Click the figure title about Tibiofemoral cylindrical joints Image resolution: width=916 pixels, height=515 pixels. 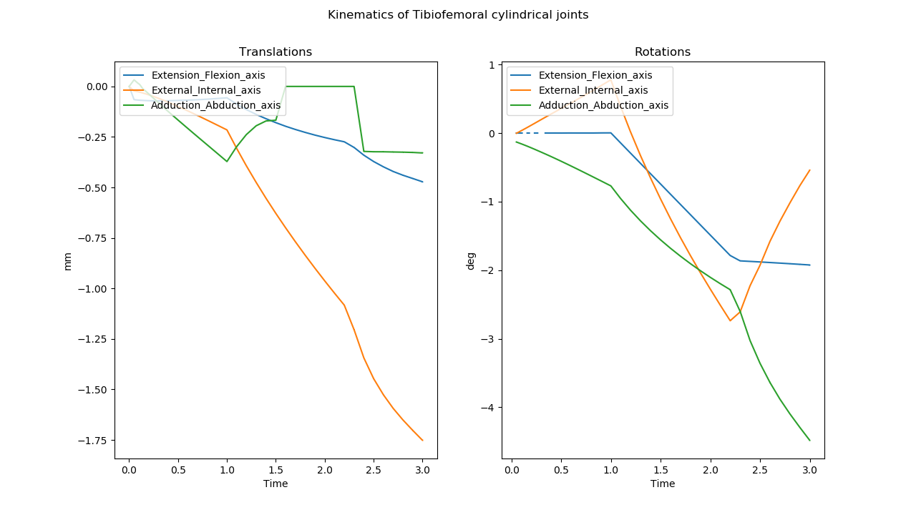click(x=458, y=15)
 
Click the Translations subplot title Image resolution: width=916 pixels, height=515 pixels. click(x=276, y=52)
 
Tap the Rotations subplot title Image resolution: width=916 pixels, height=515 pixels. click(x=663, y=52)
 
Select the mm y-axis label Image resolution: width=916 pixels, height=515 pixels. click(x=68, y=261)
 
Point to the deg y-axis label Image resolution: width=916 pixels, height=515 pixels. click(x=471, y=261)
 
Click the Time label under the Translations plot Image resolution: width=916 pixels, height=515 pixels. click(x=276, y=484)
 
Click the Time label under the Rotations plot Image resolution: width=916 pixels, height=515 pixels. click(x=663, y=484)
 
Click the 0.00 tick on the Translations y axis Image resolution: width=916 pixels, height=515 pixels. click(x=96, y=87)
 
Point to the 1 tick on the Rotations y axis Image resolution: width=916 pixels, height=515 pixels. click(x=494, y=65)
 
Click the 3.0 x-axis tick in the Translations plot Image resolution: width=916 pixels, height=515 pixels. click(x=422, y=471)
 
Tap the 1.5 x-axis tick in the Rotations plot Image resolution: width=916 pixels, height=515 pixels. click(x=661, y=471)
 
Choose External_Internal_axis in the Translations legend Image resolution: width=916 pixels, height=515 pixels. click(x=206, y=90)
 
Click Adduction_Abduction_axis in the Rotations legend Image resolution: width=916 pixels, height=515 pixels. click(x=603, y=105)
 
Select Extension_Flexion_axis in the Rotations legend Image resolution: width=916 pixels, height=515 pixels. click(x=595, y=75)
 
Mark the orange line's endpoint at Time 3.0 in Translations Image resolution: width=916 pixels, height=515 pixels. click(x=422, y=440)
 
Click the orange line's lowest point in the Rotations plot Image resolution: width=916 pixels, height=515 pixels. click(x=730, y=320)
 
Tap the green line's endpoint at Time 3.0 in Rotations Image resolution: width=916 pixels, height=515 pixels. click(x=809, y=440)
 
